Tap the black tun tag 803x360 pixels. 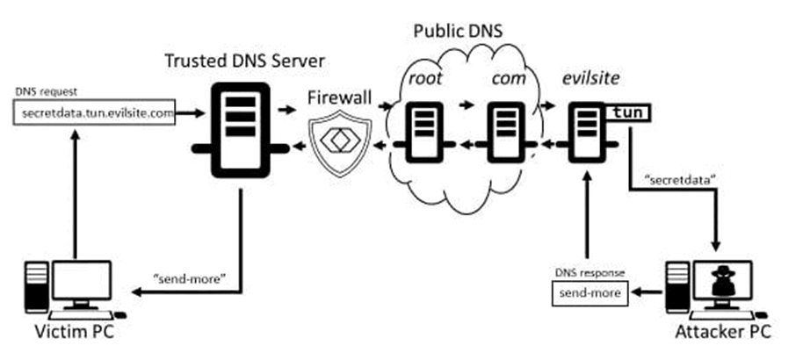pos(628,112)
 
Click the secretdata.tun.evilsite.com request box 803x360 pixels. pos(94,113)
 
